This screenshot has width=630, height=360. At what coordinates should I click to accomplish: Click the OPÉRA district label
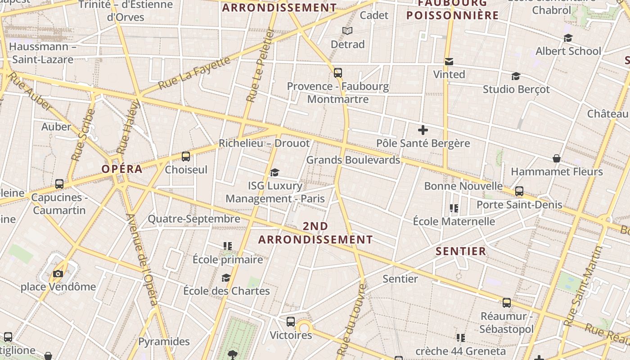point(121,169)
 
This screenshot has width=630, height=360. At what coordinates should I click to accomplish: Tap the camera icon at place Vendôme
point(58,274)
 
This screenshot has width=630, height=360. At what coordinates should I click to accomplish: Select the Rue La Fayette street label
point(194,73)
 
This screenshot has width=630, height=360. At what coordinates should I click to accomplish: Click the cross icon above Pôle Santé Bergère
point(423,130)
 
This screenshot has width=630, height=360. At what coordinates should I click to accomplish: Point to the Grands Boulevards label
point(353,160)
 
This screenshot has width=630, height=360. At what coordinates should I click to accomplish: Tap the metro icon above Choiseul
point(185,157)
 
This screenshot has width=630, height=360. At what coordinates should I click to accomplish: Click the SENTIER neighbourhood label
point(461,251)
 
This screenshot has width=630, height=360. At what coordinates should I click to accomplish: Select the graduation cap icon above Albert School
point(568,38)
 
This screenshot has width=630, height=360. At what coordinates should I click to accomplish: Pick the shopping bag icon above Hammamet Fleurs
point(557,158)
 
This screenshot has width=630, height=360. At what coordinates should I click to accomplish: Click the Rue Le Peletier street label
point(261,66)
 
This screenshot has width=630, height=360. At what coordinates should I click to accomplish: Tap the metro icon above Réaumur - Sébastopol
point(507,303)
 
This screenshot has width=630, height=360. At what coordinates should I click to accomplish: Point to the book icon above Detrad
point(347,31)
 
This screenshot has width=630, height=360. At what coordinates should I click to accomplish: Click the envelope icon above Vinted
point(449,61)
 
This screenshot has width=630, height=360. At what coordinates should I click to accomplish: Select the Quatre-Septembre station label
point(194,219)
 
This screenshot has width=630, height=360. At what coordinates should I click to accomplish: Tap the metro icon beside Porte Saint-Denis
point(519,191)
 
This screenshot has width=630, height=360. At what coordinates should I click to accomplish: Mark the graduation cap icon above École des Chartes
point(226,278)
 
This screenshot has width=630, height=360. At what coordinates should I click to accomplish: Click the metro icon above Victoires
point(291,322)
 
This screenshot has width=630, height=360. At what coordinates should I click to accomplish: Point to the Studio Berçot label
point(516,89)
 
